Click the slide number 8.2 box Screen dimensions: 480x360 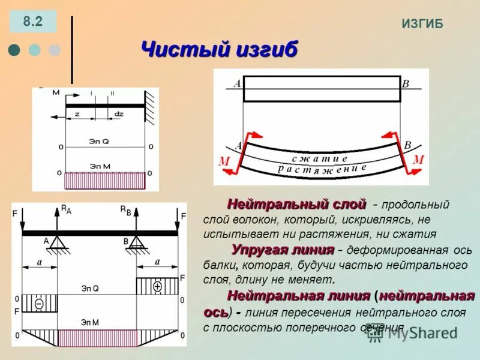tap(33, 22)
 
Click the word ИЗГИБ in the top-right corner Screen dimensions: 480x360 tap(422, 23)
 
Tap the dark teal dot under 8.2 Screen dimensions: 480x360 tap(14, 50)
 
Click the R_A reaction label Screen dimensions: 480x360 tap(65, 209)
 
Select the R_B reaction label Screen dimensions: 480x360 tap(125, 209)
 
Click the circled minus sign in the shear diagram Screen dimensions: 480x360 tap(39, 304)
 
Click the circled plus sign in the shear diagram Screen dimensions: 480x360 tap(158, 286)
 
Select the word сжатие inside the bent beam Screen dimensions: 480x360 tap(320, 158)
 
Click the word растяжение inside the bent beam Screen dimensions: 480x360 tap(323, 170)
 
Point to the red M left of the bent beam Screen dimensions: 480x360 tap(224, 161)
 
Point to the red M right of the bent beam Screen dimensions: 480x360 tap(418, 160)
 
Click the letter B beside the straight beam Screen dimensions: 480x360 tap(405, 84)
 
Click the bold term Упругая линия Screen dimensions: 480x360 tap(283, 249)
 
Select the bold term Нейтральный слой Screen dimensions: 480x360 tap(296, 204)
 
